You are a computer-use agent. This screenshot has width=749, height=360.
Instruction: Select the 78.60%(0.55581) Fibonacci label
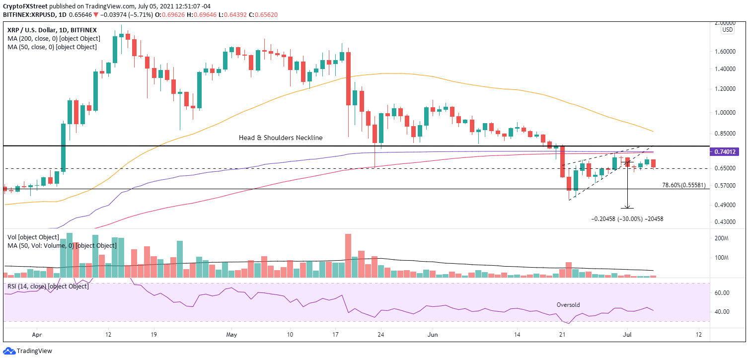pyautogui.click(x=691, y=185)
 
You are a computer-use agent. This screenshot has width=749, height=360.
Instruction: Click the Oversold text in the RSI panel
pyautogui.click(x=568, y=305)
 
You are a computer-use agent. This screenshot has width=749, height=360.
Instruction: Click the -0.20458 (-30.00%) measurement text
pyautogui.click(x=627, y=219)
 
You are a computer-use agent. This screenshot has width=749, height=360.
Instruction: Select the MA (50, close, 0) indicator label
pyautogui.click(x=52, y=47)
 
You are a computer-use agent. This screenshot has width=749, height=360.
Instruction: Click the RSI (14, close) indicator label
pyautogui.click(x=48, y=287)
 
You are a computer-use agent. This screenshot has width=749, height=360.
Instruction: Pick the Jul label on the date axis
pyautogui.click(x=627, y=335)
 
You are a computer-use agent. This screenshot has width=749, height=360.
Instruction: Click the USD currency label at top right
pyautogui.click(x=727, y=30)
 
